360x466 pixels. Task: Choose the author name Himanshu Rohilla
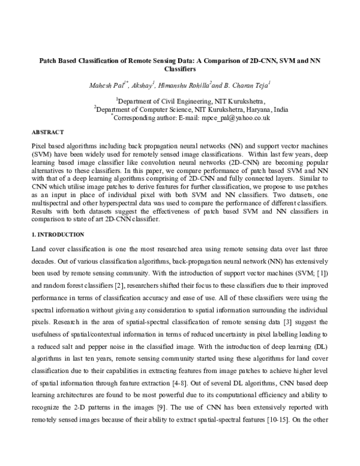pyautogui.click(x=185, y=85)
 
